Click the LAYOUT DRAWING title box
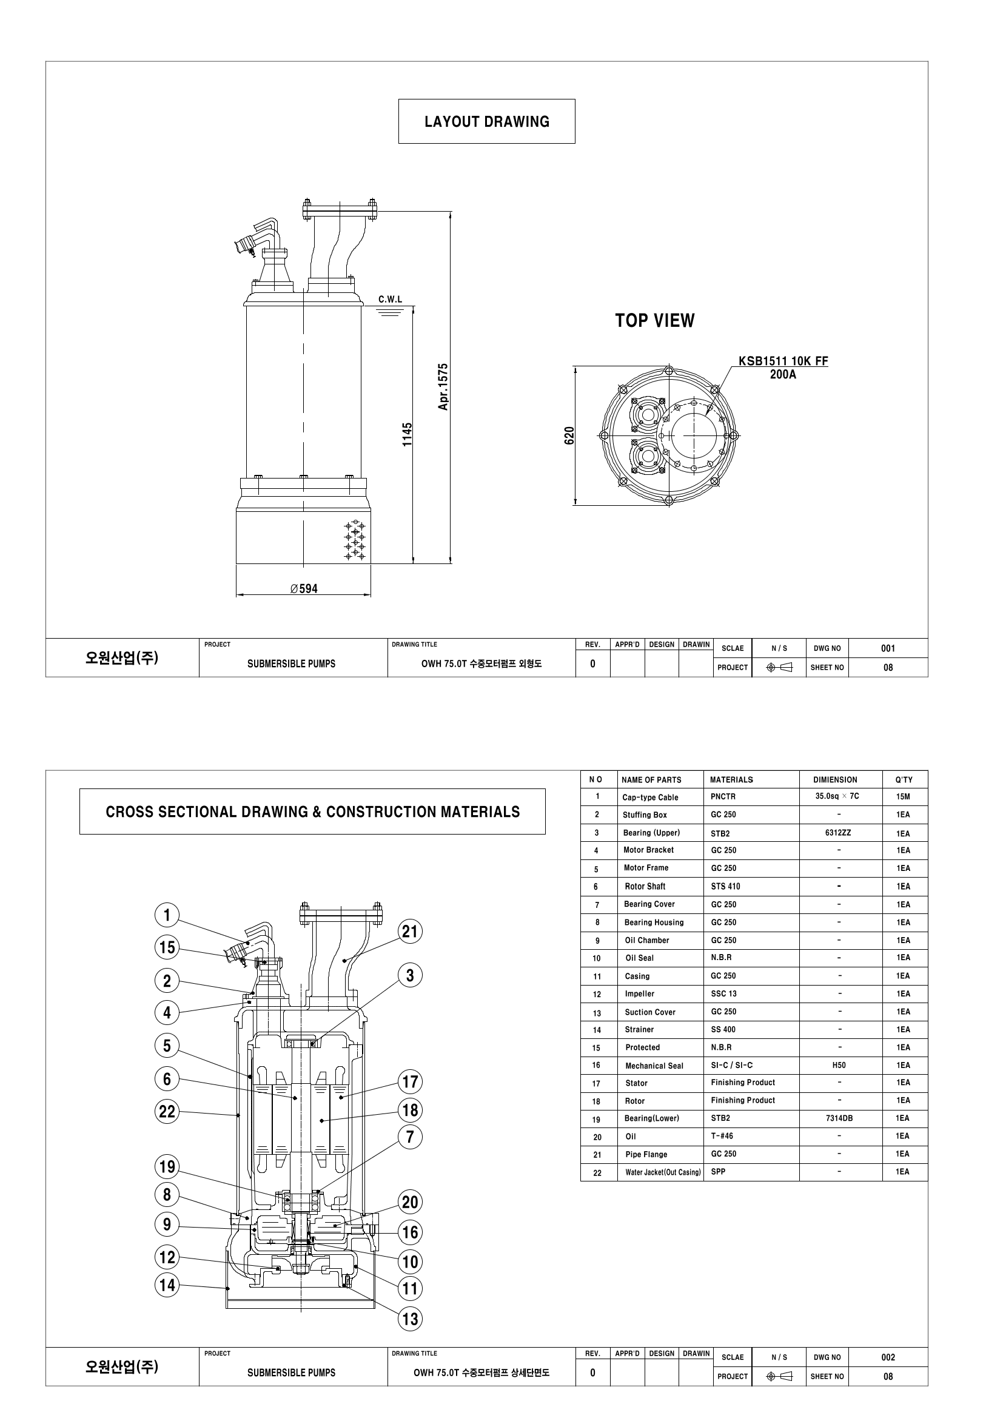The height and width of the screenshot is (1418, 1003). click(487, 122)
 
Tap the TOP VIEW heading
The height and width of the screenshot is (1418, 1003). click(655, 320)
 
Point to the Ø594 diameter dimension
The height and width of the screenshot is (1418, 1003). click(304, 588)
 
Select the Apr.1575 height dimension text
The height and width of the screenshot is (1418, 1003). click(443, 386)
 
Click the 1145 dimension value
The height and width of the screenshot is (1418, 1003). click(407, 435)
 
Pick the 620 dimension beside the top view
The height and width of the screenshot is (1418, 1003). click(569, 435)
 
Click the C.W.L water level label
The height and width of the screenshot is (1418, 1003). click(391, 300)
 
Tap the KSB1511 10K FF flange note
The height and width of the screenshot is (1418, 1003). click(783, 361)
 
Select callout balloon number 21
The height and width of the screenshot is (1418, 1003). click(410, 932)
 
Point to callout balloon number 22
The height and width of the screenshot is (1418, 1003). click(167, 1112)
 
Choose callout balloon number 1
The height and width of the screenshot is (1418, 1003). click(167, 915)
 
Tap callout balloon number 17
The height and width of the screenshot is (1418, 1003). click(410, 1081)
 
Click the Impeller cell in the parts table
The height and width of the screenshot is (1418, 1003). click(639, 993)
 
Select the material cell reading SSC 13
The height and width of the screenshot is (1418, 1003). click(724, 993)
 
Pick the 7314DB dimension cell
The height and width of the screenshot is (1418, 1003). click(839, 1118)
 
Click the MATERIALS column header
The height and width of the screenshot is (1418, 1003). click(731, 779)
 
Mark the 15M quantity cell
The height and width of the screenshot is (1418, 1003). click(903, 797)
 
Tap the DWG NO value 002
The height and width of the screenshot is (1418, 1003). click(888, 1357)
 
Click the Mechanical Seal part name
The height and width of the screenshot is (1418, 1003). click(654, 1066)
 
